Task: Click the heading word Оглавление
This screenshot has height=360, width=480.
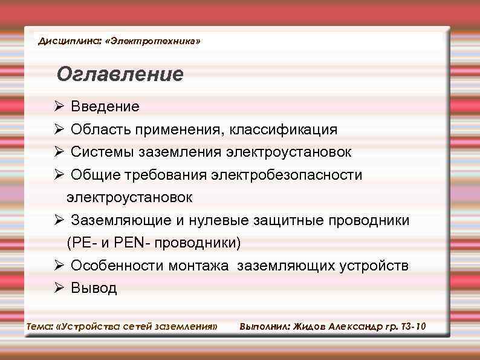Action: (119, 74)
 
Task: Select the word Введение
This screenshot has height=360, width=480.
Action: (105, 107)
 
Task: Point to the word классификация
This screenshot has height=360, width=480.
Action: (287, 129)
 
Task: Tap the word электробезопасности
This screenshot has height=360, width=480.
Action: (287, 175)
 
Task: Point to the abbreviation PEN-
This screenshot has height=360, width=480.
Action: (136, 243)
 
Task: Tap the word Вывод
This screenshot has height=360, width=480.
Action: (94, 288)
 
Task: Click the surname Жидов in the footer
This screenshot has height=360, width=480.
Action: (309, 327)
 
